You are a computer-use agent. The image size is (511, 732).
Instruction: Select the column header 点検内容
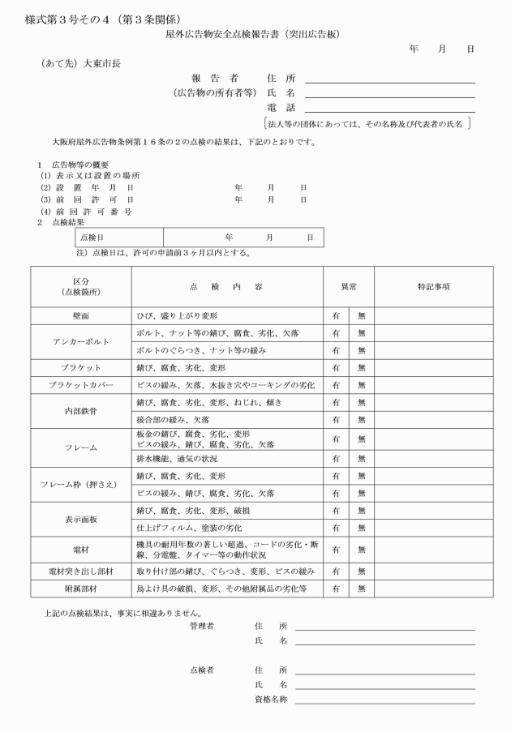point(226,287)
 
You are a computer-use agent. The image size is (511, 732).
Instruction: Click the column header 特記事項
point(434,287)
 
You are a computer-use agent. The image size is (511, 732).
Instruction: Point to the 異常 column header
point(348,287)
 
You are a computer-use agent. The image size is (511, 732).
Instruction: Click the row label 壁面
point(81,315)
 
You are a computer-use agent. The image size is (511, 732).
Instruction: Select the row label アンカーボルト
point(81,341)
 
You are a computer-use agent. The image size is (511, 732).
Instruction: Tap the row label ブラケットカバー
point(81,384)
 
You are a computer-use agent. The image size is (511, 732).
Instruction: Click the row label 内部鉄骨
point(81,411)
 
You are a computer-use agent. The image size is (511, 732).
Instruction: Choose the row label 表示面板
point(81,518)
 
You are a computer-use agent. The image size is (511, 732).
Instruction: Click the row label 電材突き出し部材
point(81,571)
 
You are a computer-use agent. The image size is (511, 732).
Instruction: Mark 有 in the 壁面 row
point(335,315)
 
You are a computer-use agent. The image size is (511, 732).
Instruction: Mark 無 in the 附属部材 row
point(362,589)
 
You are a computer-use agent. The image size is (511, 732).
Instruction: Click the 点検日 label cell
point(92,237)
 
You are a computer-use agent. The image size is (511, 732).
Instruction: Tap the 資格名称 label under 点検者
point(271,698)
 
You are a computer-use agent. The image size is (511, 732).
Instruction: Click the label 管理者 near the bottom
point(202,626)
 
